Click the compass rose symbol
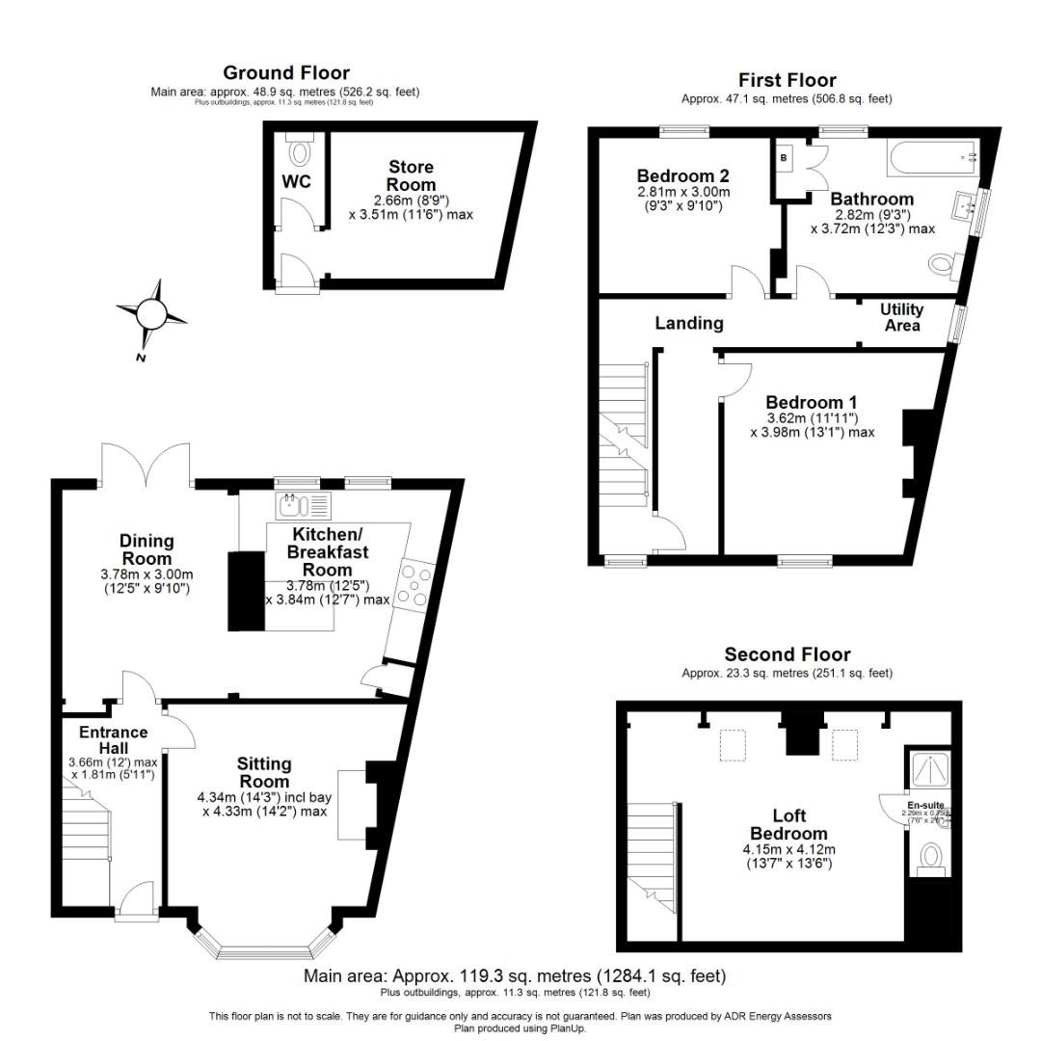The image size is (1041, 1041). tap(152, 314)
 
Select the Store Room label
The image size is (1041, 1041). tap(412, 175)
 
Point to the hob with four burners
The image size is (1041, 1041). tap(415, 585)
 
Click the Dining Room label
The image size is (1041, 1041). tap(147, 549)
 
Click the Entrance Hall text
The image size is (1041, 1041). tap(114, 740)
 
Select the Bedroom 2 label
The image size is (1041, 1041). tap(682, 176)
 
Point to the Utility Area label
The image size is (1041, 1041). tap(902, 317)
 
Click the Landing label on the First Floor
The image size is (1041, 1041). tap(689, 323)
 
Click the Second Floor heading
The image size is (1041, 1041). tap(787, 654)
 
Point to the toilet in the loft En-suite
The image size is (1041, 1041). tap(930, 856)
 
